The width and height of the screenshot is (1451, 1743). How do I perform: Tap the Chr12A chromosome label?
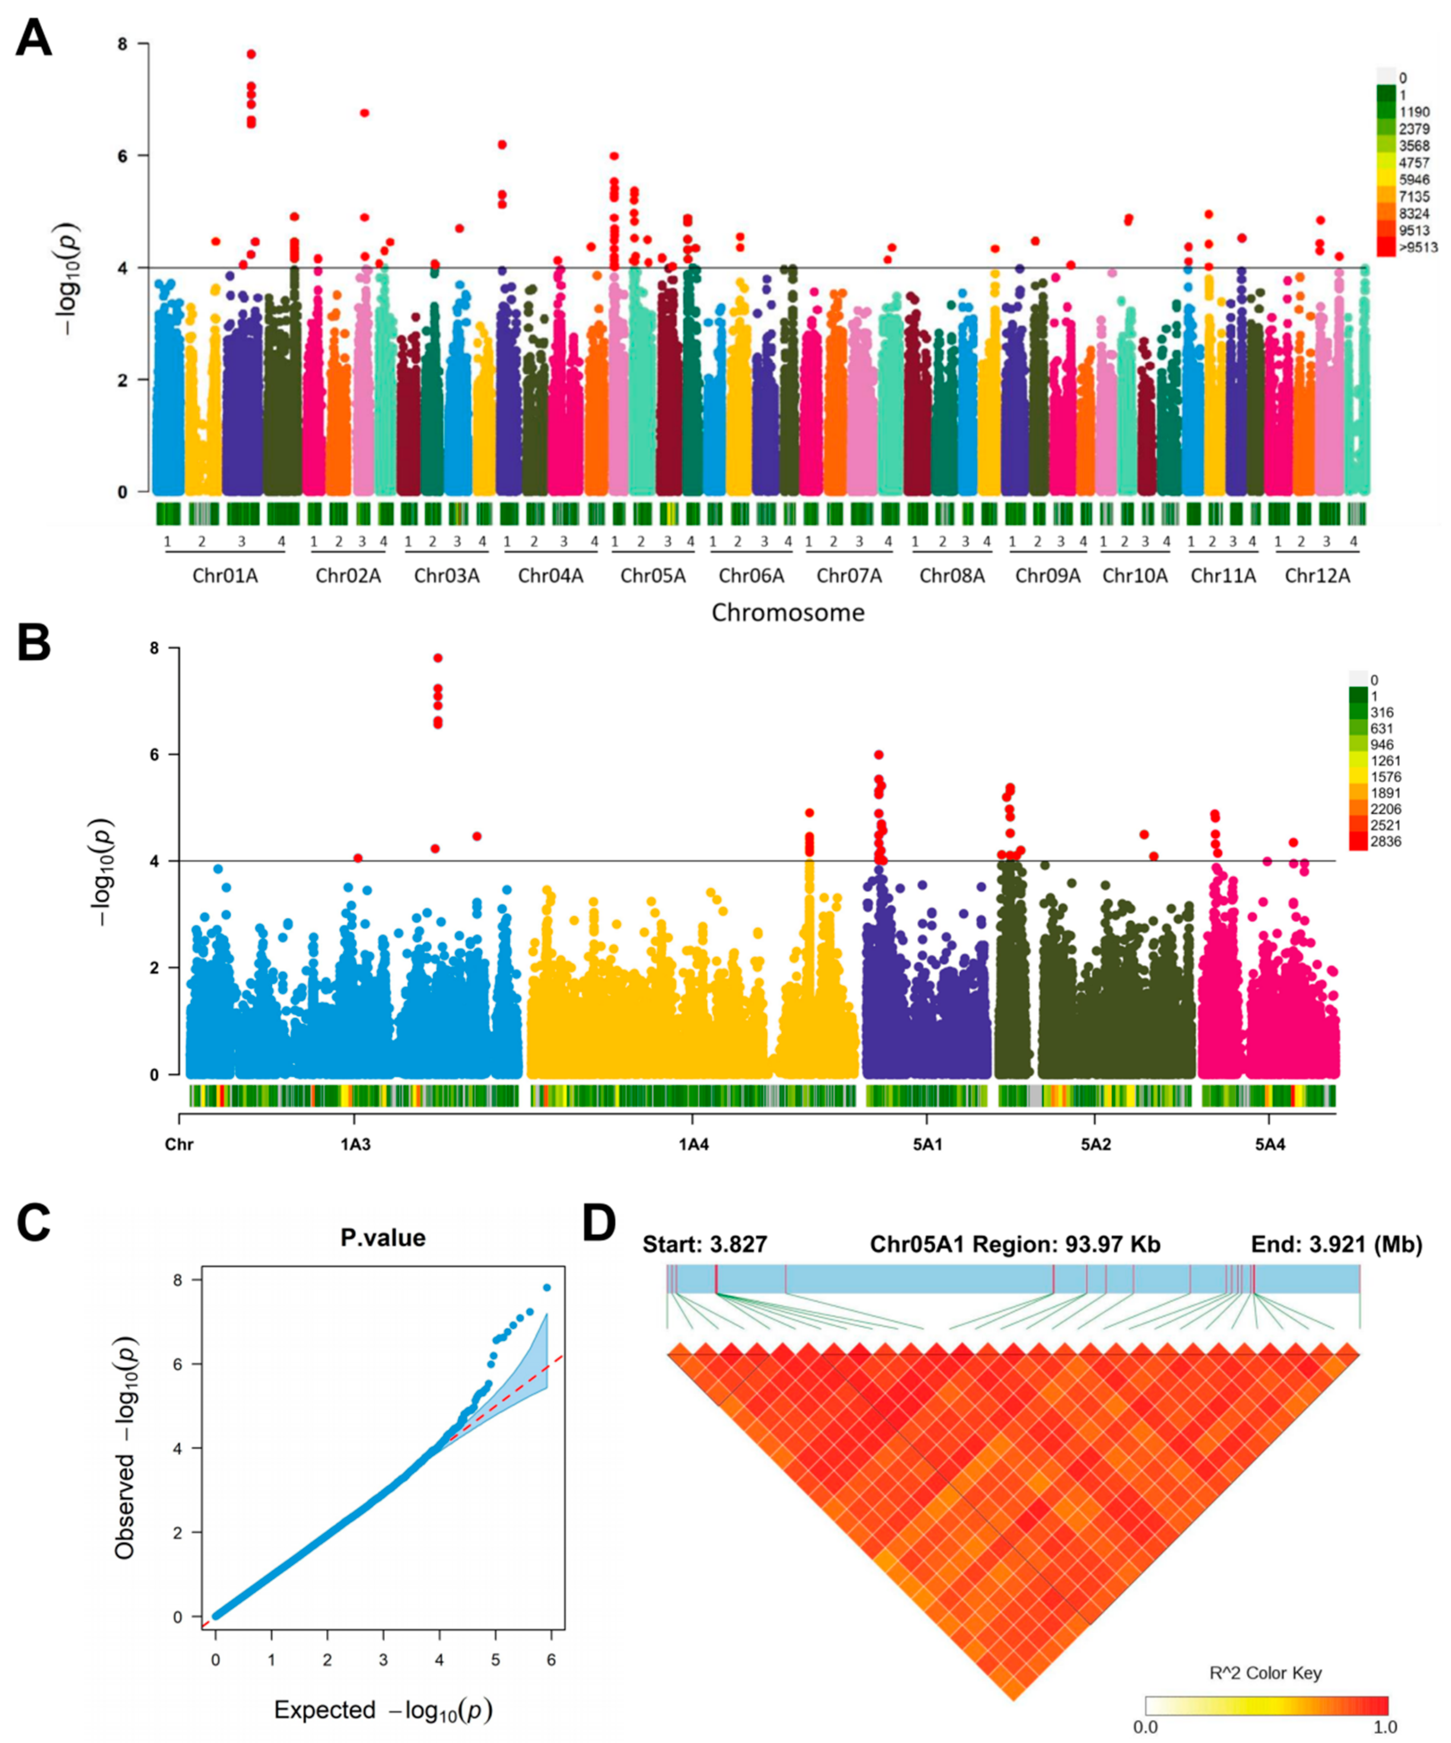1317,575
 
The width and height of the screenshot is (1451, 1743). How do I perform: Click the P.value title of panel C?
383,1238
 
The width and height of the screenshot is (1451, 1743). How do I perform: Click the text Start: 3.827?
705,1244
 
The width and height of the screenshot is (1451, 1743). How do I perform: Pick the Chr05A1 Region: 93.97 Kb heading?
1015,1244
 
